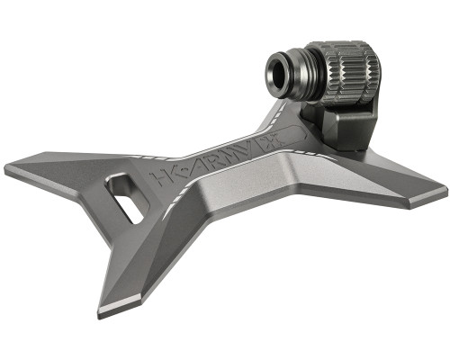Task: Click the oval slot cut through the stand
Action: point(125,199)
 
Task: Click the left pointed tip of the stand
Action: point(9,168)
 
